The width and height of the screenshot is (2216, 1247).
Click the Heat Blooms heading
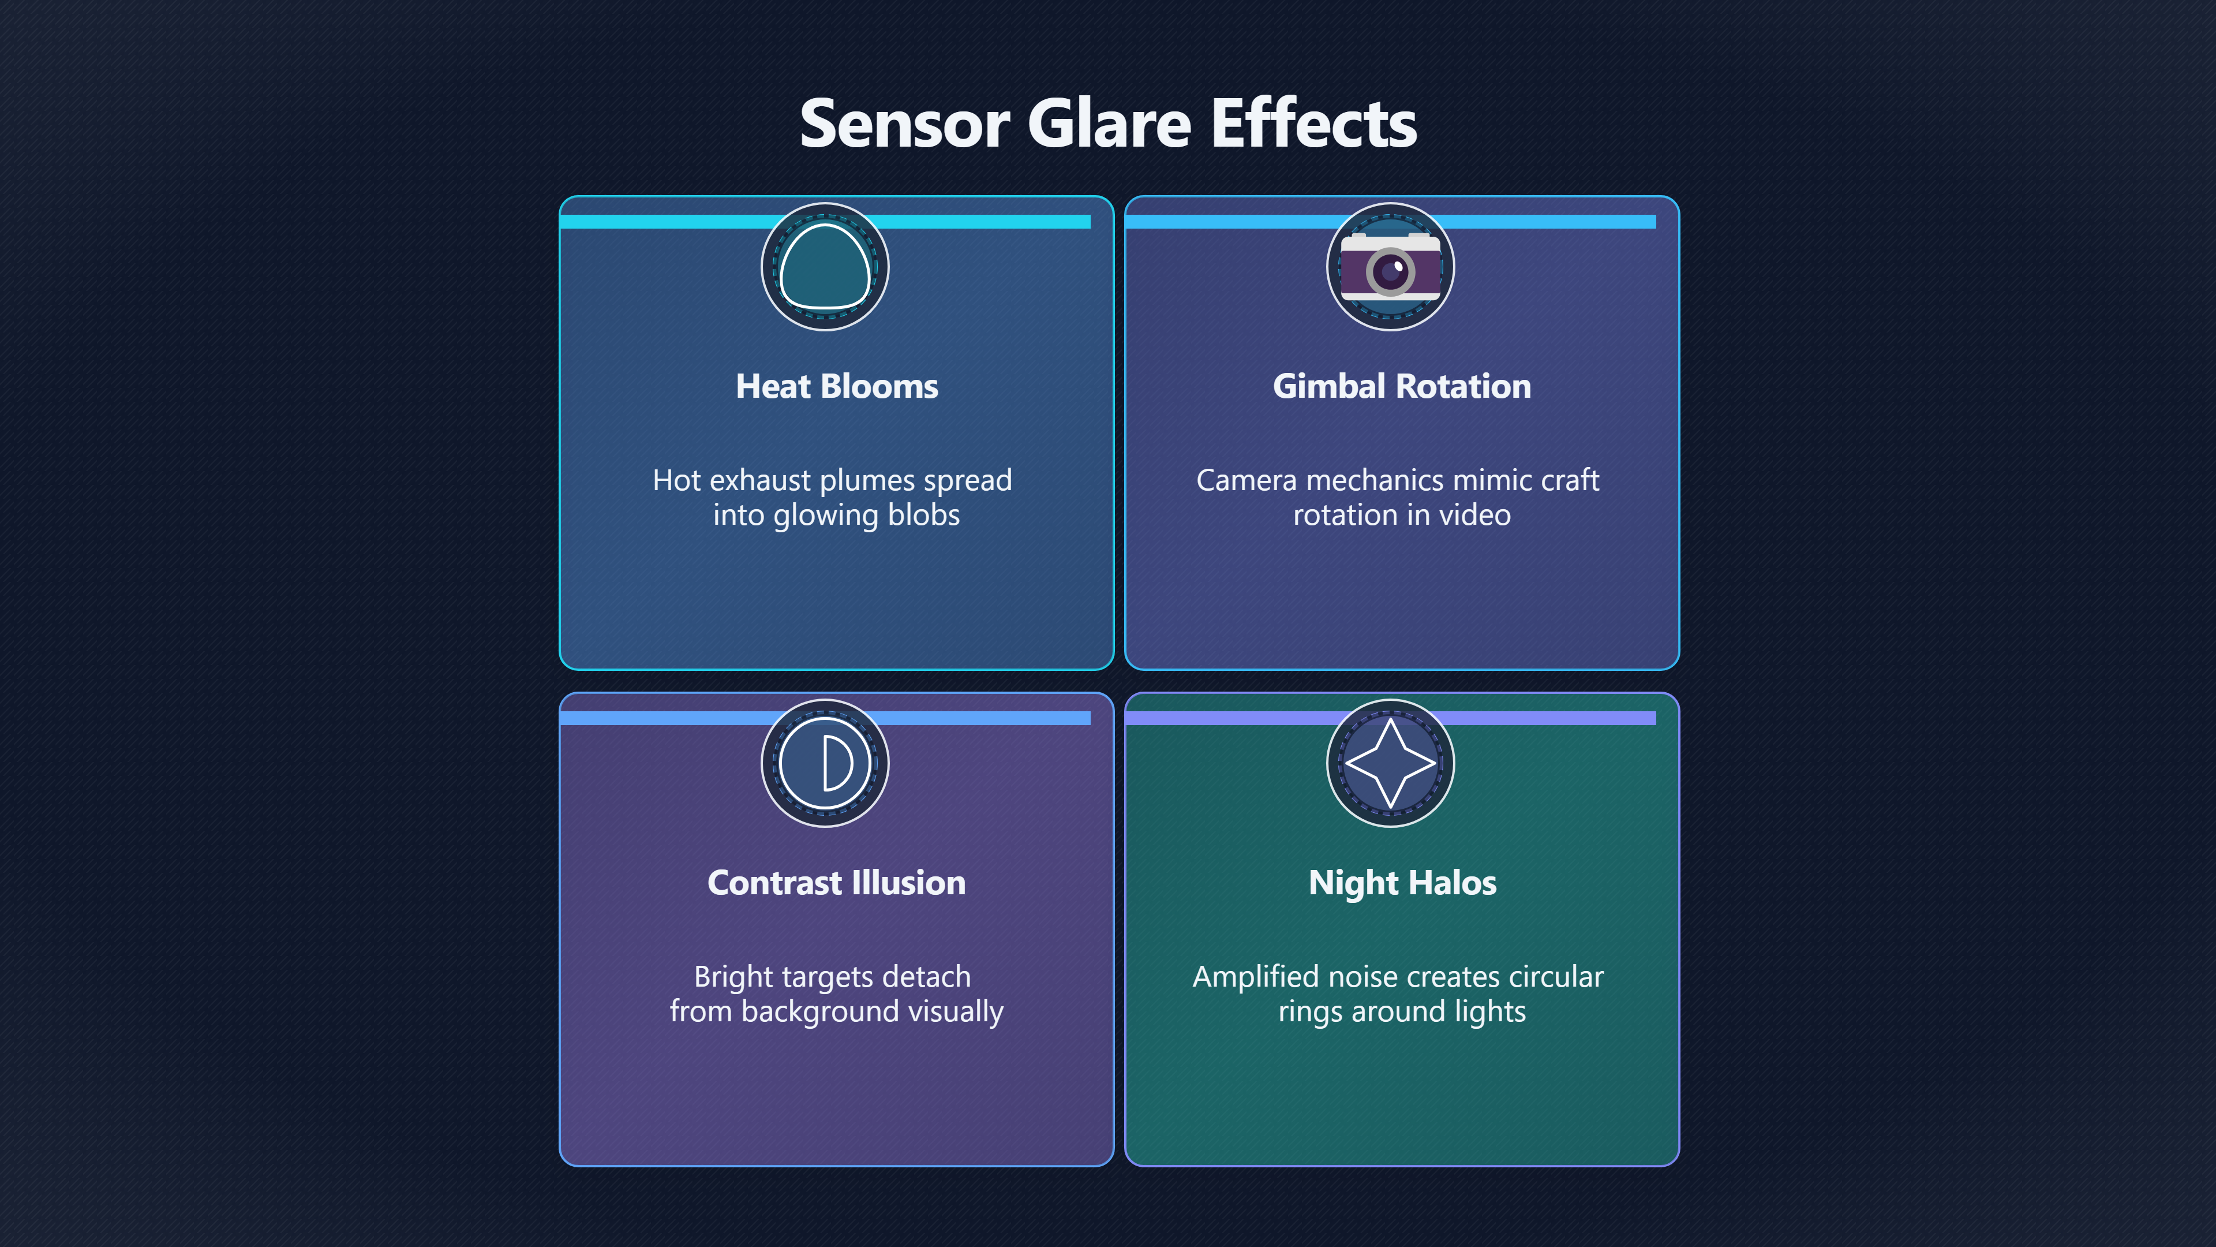(x=836, y=386)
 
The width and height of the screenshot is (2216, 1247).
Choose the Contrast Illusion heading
(x=836, y=883)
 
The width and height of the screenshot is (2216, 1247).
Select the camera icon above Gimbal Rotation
(x=1391, y=267)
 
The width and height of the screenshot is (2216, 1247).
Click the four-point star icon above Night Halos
(x=1391, y=763)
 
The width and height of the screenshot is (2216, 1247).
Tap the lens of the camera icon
(x=1390, y=272)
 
